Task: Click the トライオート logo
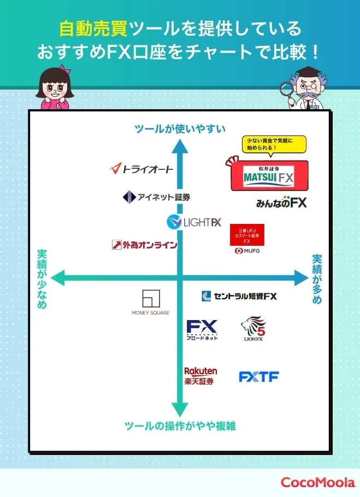[x=141, y=169]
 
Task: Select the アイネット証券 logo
[x=156, y=197]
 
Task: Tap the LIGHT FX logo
[x=194, y=222]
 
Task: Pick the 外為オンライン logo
[x=144, y=245]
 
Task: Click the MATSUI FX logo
[x=269, y=176]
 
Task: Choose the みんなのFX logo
[x=281, y=202]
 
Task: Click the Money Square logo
[x=150, y=303]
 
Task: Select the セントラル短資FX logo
[x=239, y=296]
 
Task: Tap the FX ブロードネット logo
[x=202, y=330]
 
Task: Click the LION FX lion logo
[x=253, y=330]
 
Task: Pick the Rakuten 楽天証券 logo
[x=200, y=376]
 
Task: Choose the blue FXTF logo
[x=258, y=377]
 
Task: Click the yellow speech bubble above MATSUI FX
[x=274, y=144]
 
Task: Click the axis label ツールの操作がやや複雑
[x=180, y=426]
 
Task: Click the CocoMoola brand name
[x=317, y=482]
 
